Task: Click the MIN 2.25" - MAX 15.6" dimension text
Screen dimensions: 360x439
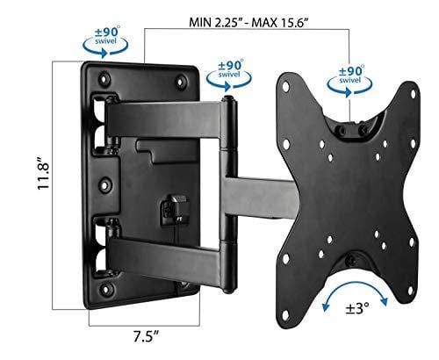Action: tap(248, 18)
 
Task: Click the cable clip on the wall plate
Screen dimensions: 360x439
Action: tap(166, 209)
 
